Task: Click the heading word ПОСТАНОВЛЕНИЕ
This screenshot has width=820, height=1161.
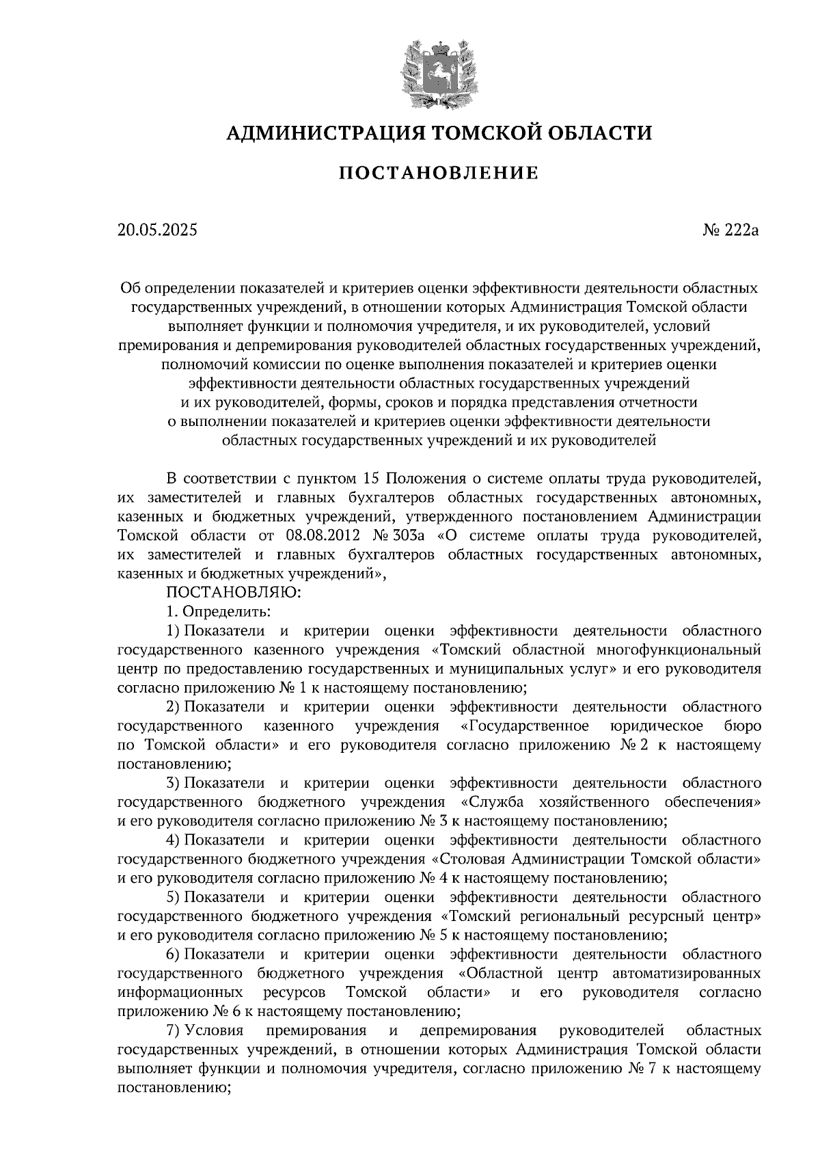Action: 439,173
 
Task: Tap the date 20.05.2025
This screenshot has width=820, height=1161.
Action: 156,230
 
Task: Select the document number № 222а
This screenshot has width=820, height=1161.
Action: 730,230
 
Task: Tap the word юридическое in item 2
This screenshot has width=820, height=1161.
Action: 655,724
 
